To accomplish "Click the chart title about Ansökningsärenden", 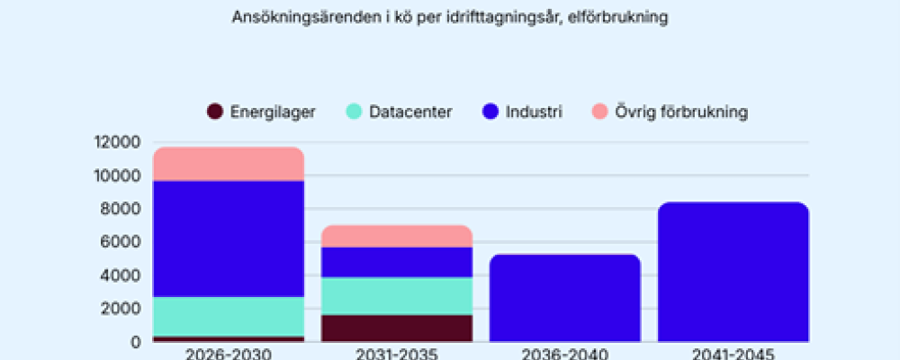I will click(x=449, y=17).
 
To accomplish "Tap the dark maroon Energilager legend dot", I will click(x=215, y=112).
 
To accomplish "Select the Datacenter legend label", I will click(x=410, y=112).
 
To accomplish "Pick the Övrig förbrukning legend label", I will click(x=681, y=112).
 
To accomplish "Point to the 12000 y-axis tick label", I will click(x=117, y=142).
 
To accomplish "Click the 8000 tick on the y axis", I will click(x=121, y=209).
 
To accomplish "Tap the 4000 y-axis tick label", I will click(x=121, y=275).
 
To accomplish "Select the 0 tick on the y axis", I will click(x=136, y=342).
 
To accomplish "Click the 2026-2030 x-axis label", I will click(x=229, y=353).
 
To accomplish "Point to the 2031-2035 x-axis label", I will click(x=397, y=353).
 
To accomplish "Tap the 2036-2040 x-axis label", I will click(x=565, y=353).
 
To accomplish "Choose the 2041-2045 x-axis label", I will click(x=733, y=353).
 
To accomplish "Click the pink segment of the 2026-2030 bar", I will click(x=229, y=164).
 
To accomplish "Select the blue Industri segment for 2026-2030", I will click(x=229, y=238).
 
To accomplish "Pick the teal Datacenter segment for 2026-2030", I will click(x=229, y=316).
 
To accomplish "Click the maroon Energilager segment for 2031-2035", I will click(x=397, y=328).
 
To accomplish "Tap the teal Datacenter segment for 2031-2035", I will click(x=397, y=296).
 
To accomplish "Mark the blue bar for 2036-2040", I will click(x=565, y=298).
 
